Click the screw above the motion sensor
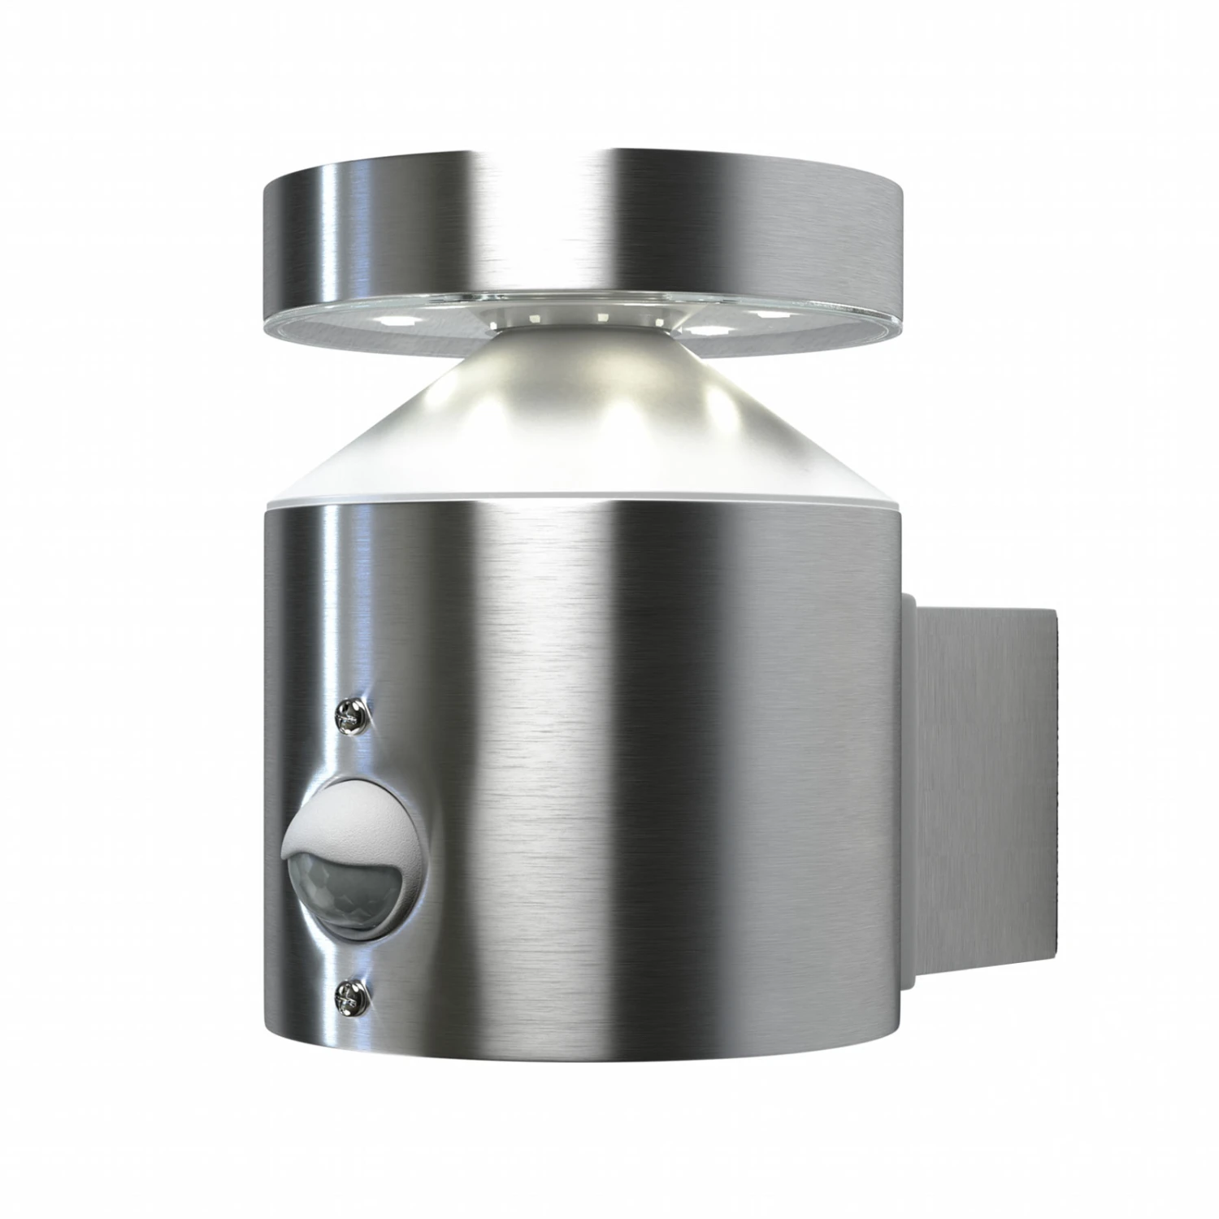pos(351,715)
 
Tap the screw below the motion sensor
pos(351,991)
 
